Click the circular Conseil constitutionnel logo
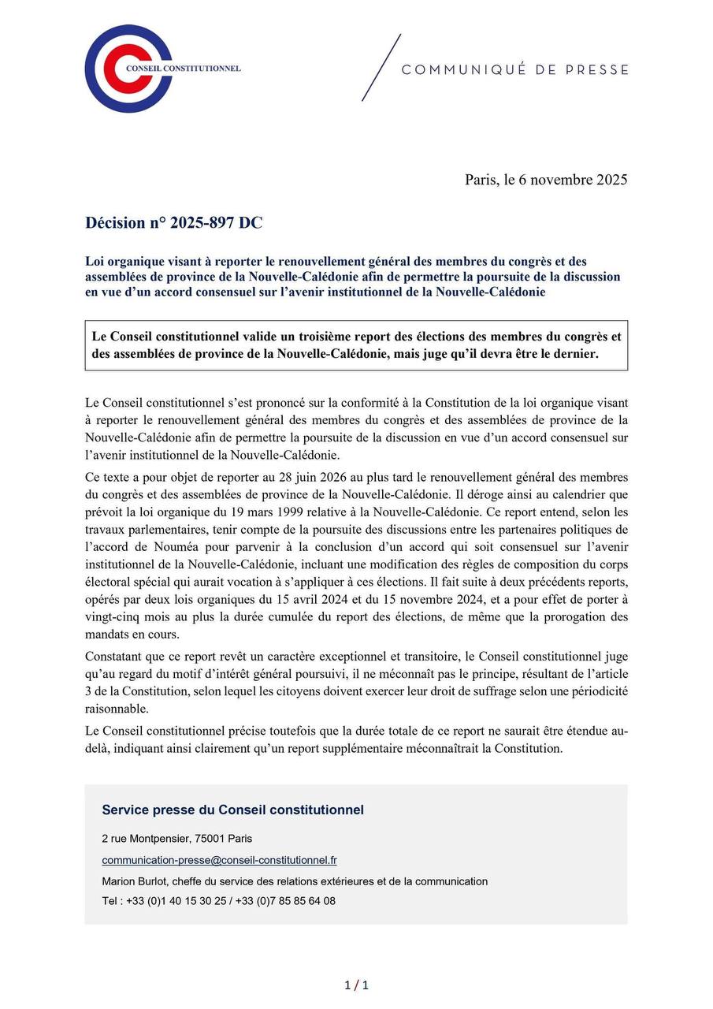(x=128, y=69)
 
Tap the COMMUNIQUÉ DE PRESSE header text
(x=515, y=70)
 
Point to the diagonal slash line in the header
(x=381, y=68)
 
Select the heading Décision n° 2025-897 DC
(x=173, y=223)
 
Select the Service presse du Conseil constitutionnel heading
(x=232, y=810)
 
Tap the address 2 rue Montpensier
(x=147, y=839)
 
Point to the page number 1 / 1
(x=356, y=985)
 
